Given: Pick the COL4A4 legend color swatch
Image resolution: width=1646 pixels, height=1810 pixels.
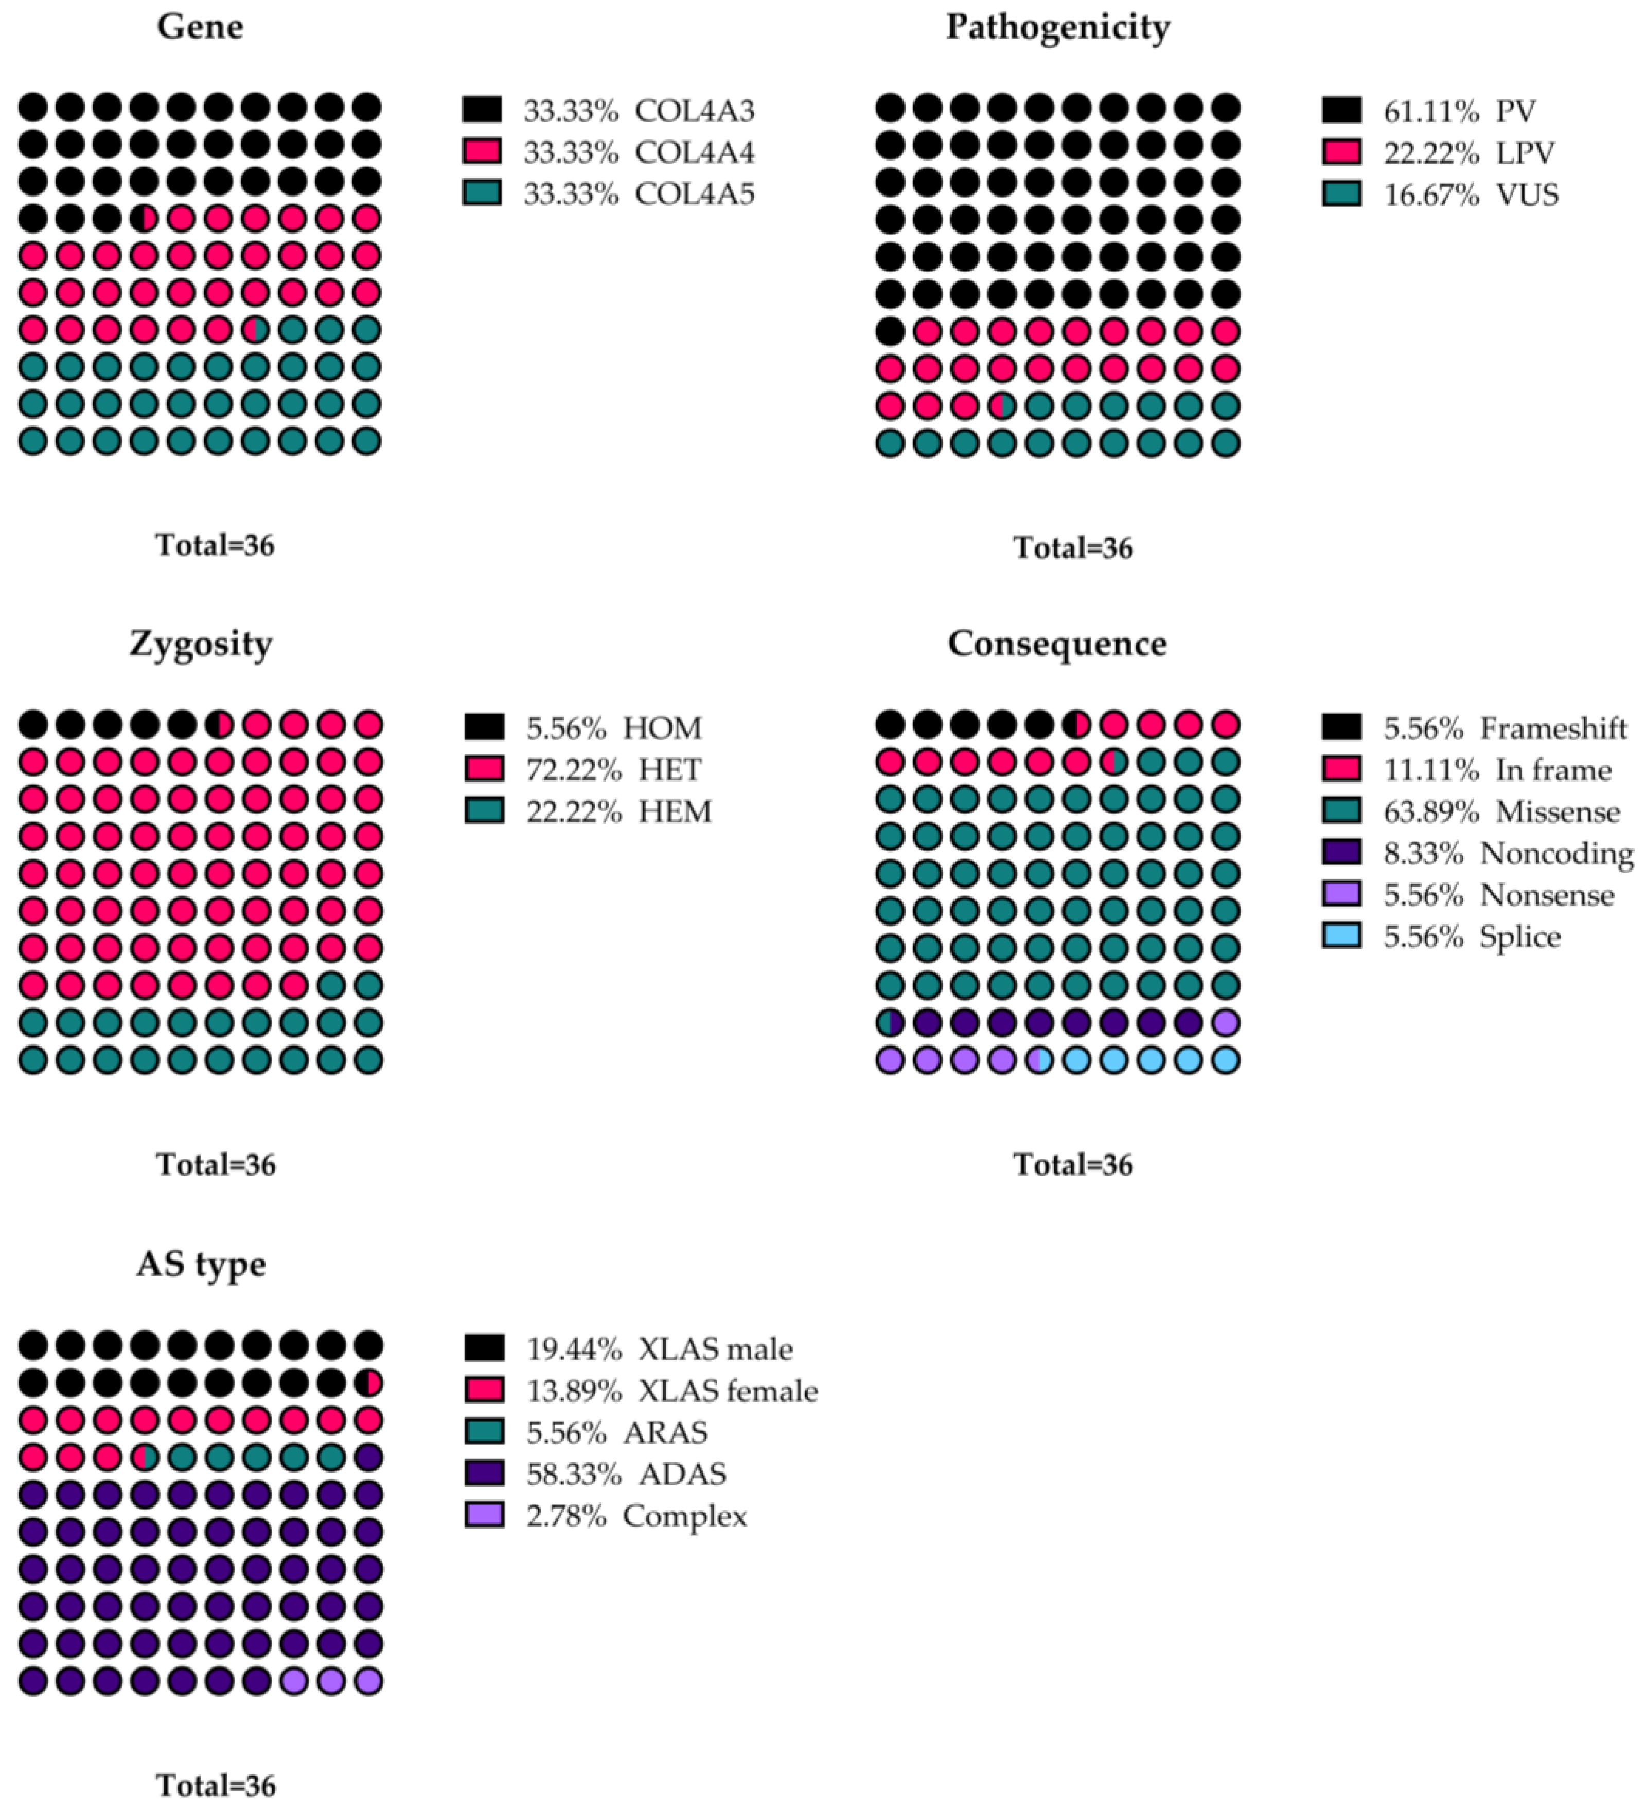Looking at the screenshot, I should click(482, 152).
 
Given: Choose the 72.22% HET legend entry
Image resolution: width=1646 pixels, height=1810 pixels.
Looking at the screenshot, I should click(613, 769).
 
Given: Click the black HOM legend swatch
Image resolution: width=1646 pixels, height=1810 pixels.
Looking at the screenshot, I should click(484, 727).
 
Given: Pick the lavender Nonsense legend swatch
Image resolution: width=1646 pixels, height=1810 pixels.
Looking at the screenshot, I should click(1341, 894).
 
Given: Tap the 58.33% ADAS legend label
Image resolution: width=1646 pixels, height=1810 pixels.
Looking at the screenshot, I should click(626, 1474).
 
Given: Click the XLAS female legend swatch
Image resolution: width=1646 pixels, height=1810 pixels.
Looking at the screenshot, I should click(484, 1390).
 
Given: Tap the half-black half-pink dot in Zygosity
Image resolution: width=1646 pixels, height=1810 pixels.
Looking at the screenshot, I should click(219, 724).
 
